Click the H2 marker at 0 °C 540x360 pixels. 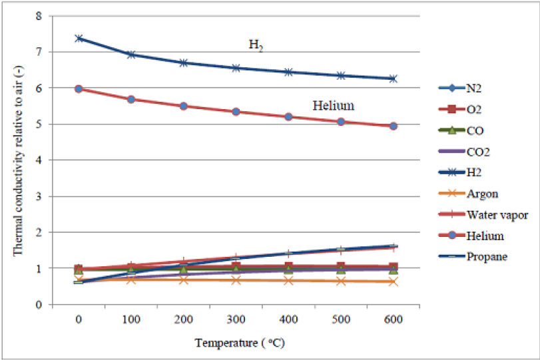(x=79, y=38)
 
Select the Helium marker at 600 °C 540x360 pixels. (x=393, y=126)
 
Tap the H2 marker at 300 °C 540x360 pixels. (x=236, y=68)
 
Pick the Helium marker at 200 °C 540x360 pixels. (x=183, y=106)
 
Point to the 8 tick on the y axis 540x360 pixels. (x=39, y=15)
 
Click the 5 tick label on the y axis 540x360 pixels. (x=39, y=124)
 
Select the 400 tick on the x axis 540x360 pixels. (x=288, y=320)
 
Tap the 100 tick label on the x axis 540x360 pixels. (x=131, y=320)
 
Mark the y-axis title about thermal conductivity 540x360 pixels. (x=18, y=160)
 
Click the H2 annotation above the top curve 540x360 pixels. (x=255, y=45)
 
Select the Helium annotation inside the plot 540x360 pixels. (x=333, y=105)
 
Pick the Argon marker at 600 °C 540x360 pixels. (x=393, y=281)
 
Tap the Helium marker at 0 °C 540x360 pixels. (x=79, y=89)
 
